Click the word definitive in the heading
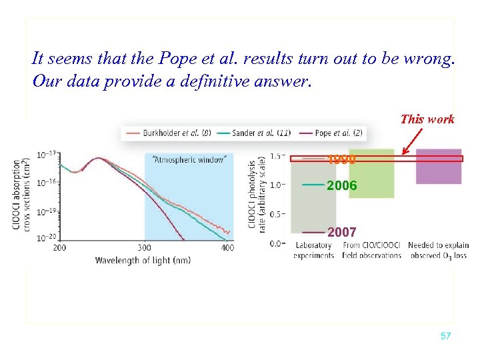pos(224,83)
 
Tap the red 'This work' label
pos(427,119)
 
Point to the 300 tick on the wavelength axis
pos(145,247)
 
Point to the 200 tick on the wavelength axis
pos(60,247)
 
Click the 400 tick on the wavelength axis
pos(227,247)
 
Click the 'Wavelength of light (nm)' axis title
pos(143,260)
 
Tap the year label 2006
pos(342,186)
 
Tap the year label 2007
pos(342,232)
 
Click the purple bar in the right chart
pos(439,167)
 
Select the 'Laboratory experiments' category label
pos(313,251)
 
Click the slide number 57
pos(445,336)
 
